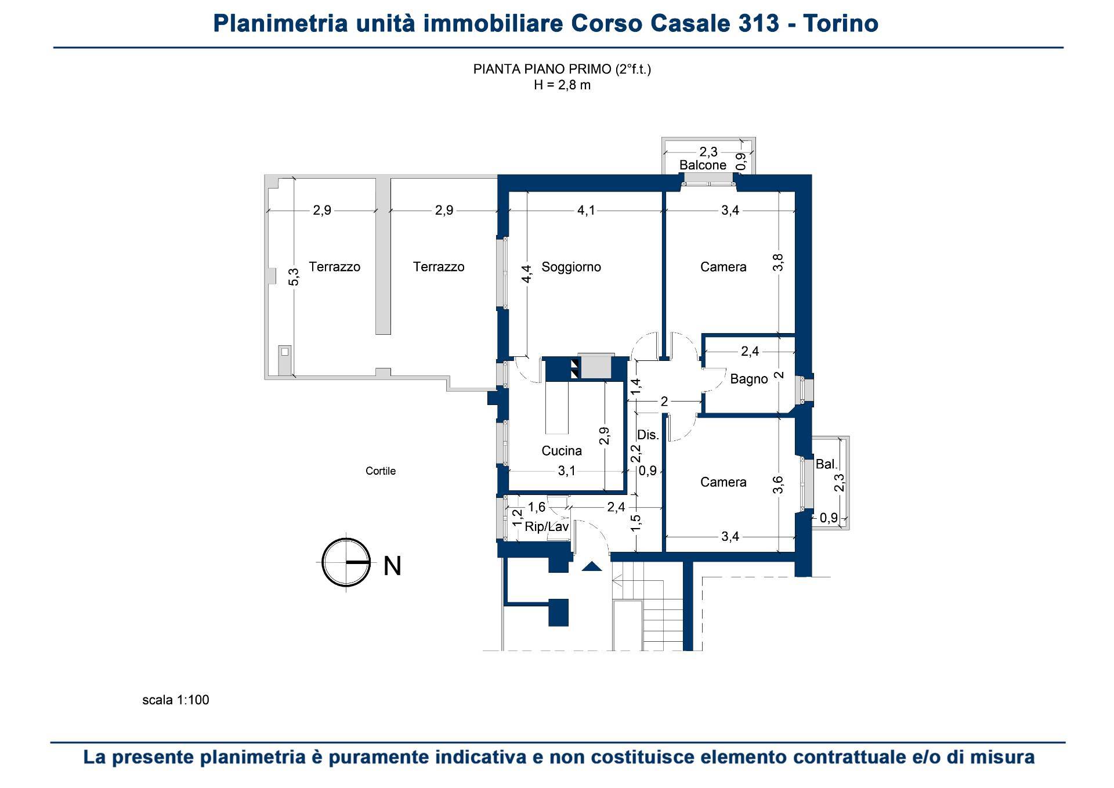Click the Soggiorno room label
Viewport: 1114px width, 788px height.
(x=571, y=267)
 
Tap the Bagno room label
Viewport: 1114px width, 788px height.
(x=748, y=379)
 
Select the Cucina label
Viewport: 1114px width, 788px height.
(x=561, y=451)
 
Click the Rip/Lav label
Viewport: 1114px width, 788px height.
(x=546, y=527)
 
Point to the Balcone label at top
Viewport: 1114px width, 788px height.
(x=703, y=165)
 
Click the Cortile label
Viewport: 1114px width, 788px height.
(x=381, y=471)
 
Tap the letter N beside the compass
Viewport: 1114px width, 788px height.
(x=393, y=566)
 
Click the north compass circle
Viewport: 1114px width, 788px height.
(x=346, y=563)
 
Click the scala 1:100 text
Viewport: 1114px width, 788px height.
(x=176, y=700)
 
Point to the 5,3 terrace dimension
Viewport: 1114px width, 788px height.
(x=294, y=276)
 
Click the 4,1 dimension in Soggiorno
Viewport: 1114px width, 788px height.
(x=586, y=211)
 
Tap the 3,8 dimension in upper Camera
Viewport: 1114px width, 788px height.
(x=779, y=262)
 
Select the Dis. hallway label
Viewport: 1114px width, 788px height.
(x=648, y=435)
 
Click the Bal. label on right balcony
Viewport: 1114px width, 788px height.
(x=826, y=464)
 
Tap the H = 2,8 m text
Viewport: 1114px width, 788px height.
(x=562, y=85)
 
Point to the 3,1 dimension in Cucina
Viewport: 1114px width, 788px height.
(x=566, y=471)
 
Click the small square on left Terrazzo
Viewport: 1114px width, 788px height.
(x=284, y=352)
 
